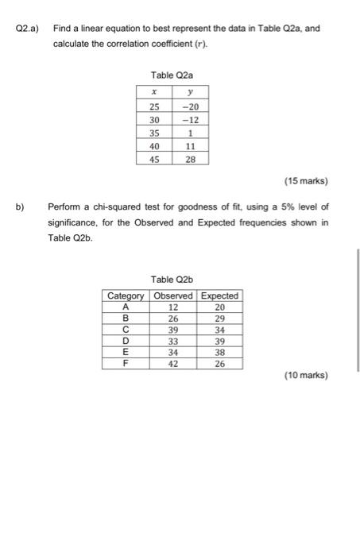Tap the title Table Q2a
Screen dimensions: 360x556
pyautogui.click(x=172, y=75)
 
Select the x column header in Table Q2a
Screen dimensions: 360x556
pyautogui.click(x=153, y=93)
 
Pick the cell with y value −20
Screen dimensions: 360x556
pyautogui.click(x=189, y=107)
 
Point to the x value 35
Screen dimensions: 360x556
pyautogui.click(x=154, y=133)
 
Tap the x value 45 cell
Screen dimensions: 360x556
pyautogui.click(x=154, y=159)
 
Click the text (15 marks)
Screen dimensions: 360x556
pyautogui.click(x=305, y=180)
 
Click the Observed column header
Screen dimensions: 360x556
pyautogui.click(x=173, y=295)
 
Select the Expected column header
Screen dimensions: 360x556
pyautogui.click(x=220, y=295)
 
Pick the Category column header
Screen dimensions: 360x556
pyautogui.click(x=126, y=295)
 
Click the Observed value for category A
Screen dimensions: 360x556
pyautogui.click(x=173, y=307)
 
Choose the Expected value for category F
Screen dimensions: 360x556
pyautogui.click(x=220, y=364)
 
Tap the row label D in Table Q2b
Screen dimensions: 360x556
pyautogui.click(x=126, y=342)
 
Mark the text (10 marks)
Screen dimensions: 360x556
pyautogui.click(x=305, y=375)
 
